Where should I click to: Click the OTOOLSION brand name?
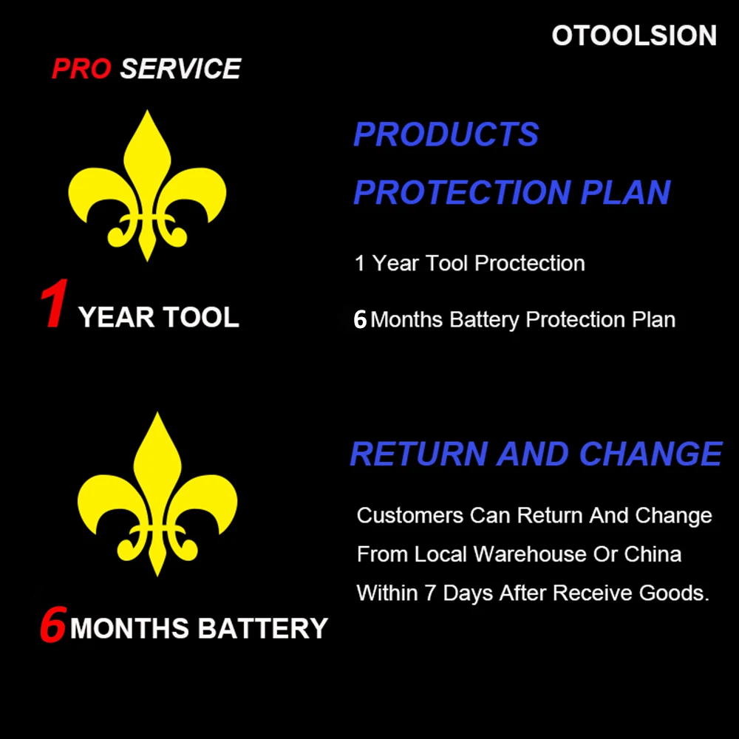coord(634,35)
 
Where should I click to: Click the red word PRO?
coord(81,69)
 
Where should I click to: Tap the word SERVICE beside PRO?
coord(180,69)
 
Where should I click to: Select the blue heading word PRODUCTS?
coord(446,134)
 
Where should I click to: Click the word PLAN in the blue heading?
coord(625,192)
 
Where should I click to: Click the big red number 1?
coord(55,304)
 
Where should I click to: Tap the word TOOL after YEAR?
coord(201,318)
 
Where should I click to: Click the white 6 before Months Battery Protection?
coord(360,320)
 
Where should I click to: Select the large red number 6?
coord(52,625)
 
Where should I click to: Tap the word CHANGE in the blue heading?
coord(650,454)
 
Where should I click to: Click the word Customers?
coord(410,515)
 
